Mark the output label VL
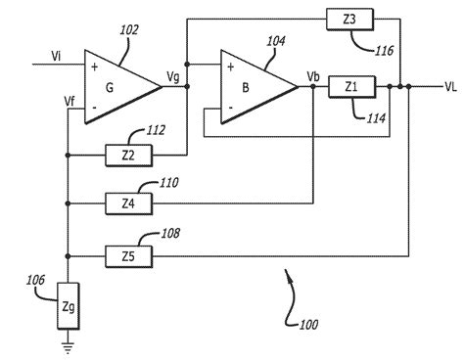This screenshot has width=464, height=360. (449, 87)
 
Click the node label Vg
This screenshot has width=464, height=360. (173, 75)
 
